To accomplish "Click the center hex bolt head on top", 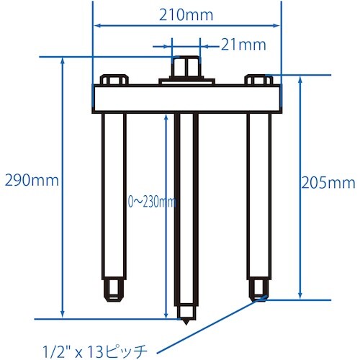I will [x=186, y=69].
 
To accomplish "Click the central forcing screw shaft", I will [x=186, y=209].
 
